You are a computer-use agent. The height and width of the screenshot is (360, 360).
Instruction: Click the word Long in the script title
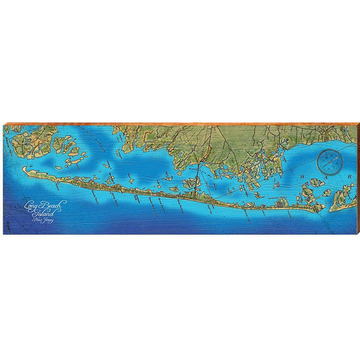(30, 205)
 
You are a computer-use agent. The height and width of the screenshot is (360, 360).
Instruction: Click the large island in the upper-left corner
(27, 141)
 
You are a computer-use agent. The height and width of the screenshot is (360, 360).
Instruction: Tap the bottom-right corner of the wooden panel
(356, 234)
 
